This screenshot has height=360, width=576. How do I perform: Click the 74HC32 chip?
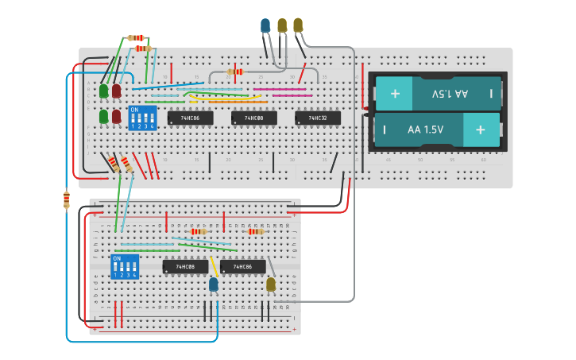point(318,118)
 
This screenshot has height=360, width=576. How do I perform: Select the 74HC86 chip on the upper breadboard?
point(191,118)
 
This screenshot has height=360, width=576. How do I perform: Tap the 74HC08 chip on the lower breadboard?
point(185,267)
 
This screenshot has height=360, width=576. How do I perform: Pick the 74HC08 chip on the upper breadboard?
point(254,118)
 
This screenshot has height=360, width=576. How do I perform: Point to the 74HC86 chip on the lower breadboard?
point(243,267)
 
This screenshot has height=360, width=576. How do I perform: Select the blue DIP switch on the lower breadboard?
point(125,267)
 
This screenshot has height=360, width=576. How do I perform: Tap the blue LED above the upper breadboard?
point(265,26)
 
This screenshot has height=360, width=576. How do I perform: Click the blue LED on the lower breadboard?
point(213,285)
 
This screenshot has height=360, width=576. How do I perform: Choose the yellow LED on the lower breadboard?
point(271,284)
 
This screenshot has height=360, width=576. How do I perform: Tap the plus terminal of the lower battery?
point(480,130)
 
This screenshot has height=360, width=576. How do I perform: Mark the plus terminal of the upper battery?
point(395,94)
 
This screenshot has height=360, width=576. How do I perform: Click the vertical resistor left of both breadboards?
point(66,199)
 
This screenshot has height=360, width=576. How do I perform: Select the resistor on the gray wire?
point(235,72)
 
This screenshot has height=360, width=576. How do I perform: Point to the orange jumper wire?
point(238,102)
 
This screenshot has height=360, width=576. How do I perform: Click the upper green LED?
point(103,91)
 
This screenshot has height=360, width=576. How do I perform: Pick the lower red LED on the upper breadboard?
point(116,116)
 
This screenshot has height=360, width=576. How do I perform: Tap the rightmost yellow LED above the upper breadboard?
point(298,25)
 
